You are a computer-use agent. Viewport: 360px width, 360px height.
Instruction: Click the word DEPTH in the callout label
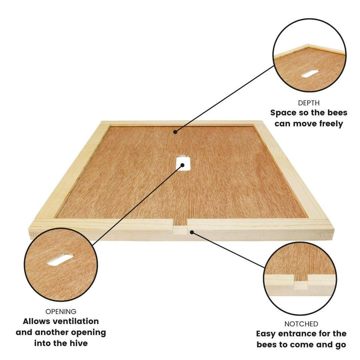[x=309, y=103]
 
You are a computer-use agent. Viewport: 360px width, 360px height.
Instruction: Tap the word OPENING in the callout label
[x=61, y=312]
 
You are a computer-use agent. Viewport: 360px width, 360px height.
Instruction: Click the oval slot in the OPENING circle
[x=60, y=260]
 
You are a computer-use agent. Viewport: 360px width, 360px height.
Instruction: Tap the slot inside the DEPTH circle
[x=310, y=73]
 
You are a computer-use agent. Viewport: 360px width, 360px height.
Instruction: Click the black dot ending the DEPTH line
[x=175, y=131]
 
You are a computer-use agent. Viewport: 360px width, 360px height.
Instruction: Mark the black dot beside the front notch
[x=192, y=232]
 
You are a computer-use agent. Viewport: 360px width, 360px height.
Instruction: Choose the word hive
[x=79, y=343]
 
